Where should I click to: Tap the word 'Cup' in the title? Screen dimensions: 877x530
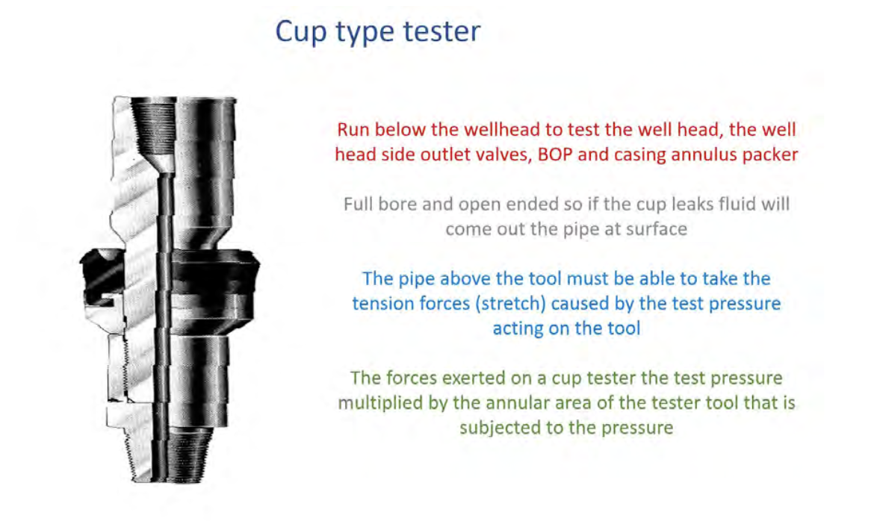[x=300, y=32]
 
